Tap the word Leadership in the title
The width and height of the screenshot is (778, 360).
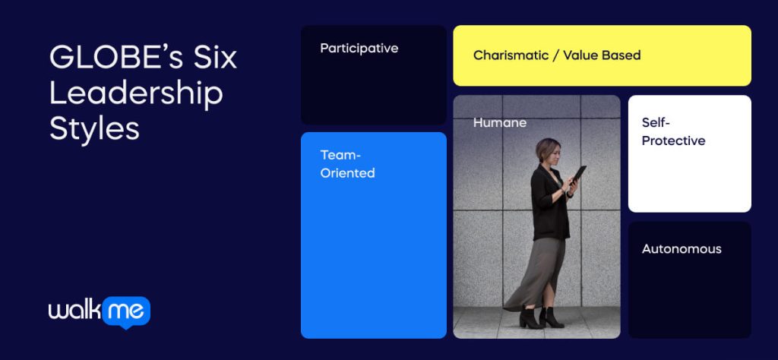[x=136, y=93]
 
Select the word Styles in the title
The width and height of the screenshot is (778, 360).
[x=94, y=128]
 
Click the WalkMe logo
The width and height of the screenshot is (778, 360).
[x=99, y=311]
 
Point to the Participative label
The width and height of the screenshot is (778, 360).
[x=359, y=48]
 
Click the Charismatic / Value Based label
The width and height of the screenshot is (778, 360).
[x=556, y=55]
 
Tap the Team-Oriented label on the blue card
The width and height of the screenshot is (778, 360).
[x=347, y=164]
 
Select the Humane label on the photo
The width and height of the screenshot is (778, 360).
[x=499, y=122]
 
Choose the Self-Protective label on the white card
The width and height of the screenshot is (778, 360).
[x=673, y=131]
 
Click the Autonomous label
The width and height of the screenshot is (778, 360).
[x=682, y=249]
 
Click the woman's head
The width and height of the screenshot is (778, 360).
[x=548, y=152]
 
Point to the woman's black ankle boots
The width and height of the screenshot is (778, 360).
[x=541, y=317]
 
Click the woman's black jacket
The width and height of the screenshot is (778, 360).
[x=549, y=201]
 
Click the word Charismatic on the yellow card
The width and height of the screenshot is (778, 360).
[x=511, y=55]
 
